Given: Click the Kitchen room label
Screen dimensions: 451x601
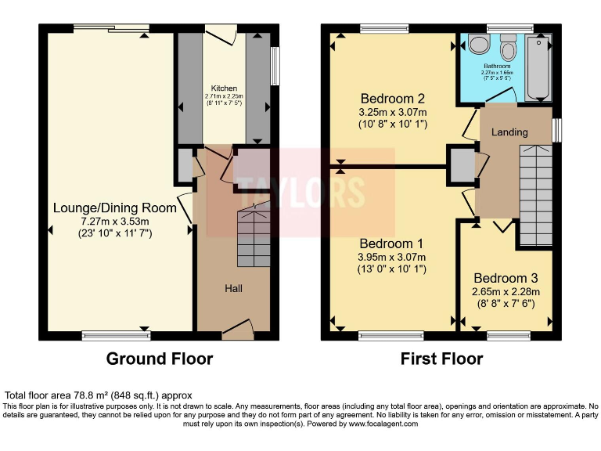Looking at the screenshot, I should [224, 88].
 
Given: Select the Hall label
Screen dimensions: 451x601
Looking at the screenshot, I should [233, 288].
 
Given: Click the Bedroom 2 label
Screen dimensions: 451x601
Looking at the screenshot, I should [392, 99].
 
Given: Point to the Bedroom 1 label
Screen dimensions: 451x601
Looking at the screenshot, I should [392, 243].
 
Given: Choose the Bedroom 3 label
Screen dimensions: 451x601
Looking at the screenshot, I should [506, 278].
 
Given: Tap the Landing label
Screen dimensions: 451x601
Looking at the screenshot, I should [509, 132].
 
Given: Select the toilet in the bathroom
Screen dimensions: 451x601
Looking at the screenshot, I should [509, 49].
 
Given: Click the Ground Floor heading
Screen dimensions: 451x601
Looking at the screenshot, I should [159, 359].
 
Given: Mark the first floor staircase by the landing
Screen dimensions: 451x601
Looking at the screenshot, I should [536, 192].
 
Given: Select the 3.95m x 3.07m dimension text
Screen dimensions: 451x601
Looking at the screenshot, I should [392, 257].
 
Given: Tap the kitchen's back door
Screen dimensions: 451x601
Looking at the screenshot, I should [221, 34].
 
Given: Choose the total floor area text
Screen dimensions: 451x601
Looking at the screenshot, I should [99, 395].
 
